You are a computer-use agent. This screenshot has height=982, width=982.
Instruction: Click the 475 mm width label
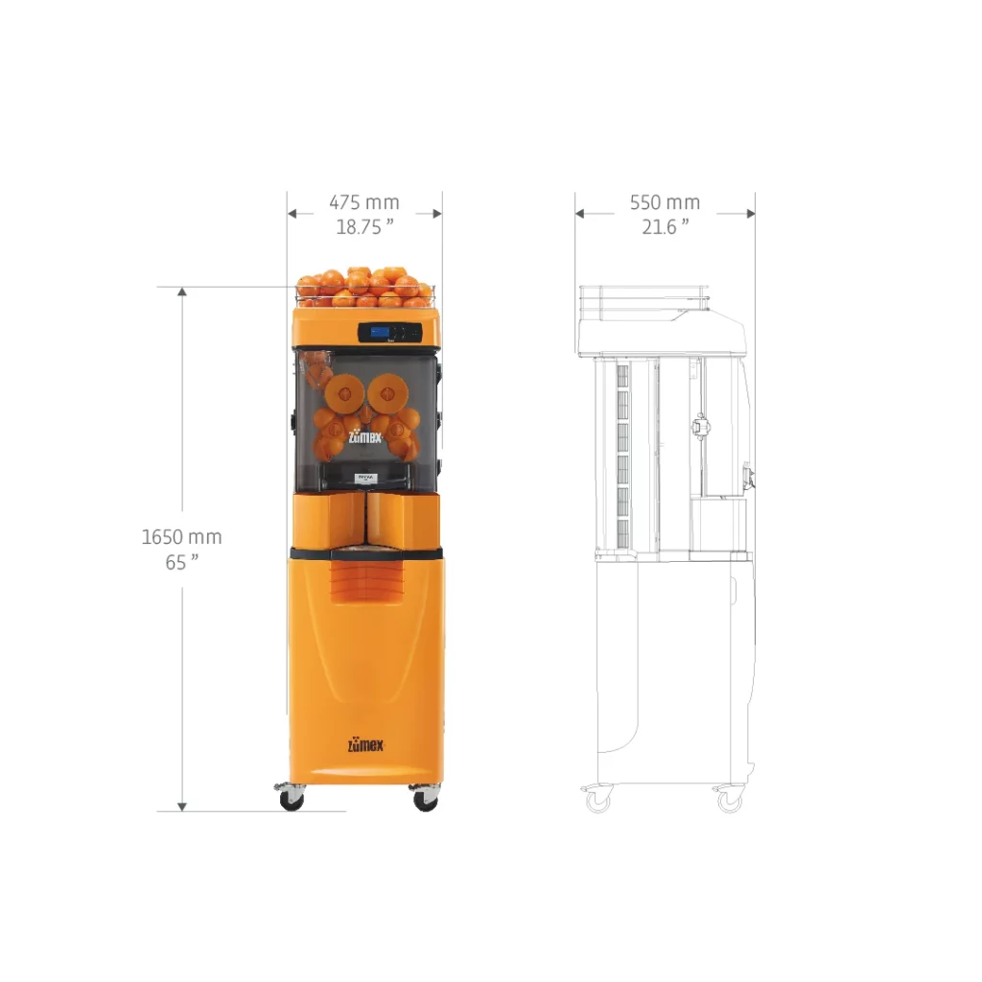tap(364, 203)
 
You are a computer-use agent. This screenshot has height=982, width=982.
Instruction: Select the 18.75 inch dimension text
tap(364, 227)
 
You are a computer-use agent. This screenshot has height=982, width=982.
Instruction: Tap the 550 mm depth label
tap(665, 203)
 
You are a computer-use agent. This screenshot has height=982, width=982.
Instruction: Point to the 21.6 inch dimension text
tap(666, 227)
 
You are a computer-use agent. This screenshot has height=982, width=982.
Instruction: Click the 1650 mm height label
tap(181, 537)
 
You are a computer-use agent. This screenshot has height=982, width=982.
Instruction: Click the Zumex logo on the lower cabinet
tap(364, 745)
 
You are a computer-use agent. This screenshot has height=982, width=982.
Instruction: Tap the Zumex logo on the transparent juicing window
tap(364, 433)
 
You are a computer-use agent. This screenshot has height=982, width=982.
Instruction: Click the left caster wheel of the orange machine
tap(291, 799)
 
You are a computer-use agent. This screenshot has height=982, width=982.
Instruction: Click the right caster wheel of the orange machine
tap(425, 799)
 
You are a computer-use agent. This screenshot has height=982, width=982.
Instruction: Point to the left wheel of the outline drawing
tap(598, 801)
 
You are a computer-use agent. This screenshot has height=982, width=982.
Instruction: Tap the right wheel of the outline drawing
tap(731, 801)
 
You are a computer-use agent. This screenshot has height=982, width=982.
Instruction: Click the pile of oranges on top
tap(364, 285)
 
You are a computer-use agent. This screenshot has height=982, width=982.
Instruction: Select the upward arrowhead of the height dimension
tap(182, 292)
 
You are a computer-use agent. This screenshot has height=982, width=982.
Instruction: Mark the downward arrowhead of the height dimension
tap(182, 805)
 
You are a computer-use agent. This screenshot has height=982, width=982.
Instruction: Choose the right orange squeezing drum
tap(388, 388)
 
